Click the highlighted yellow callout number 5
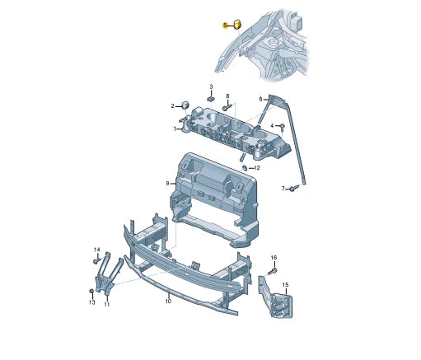(x=225, y=26)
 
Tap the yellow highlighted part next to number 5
(x=237, y=24)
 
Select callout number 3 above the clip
(x=211, y=86)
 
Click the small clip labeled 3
(x=211, y=99)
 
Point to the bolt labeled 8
(x=227, y=107)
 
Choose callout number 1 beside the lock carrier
(x=175, y=129)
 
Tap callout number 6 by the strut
(x=260, y=99)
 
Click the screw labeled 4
(x=282, y=127)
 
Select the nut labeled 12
(x=245, y=167)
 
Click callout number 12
(x=257, y=168)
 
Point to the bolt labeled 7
(x=294, y=188)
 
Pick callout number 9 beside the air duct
(x=167, y=183)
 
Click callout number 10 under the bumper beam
(x=168, y=302)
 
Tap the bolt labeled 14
(x=97, y=260)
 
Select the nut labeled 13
(x=91, y=291)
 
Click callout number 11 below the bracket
(x=107, y=304)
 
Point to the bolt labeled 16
(x=272, y=272)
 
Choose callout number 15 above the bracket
(x=286, y=285)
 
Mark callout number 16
(x=274, y=258)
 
